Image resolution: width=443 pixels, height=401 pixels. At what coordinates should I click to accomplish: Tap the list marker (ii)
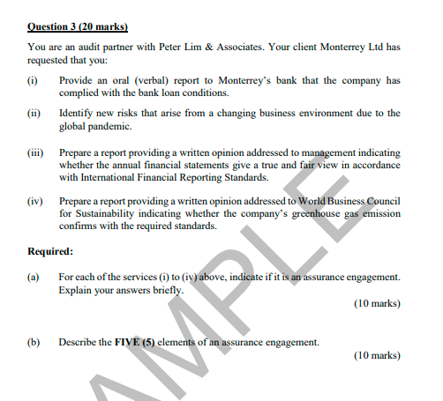(x=34, y=114)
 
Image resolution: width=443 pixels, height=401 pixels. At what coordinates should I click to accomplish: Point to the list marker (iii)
(x=35, y=152)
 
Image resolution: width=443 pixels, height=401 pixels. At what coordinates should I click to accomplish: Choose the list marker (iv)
(x=35, y=201)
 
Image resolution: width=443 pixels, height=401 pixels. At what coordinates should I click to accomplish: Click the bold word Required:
(x=50, y=251)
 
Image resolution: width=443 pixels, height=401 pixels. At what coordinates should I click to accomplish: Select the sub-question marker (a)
(x=34, y=277)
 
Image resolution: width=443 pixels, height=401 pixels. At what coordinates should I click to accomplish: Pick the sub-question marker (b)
(x=34, y=342)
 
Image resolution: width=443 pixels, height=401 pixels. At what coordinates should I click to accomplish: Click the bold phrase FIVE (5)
(x=135, y=342)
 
